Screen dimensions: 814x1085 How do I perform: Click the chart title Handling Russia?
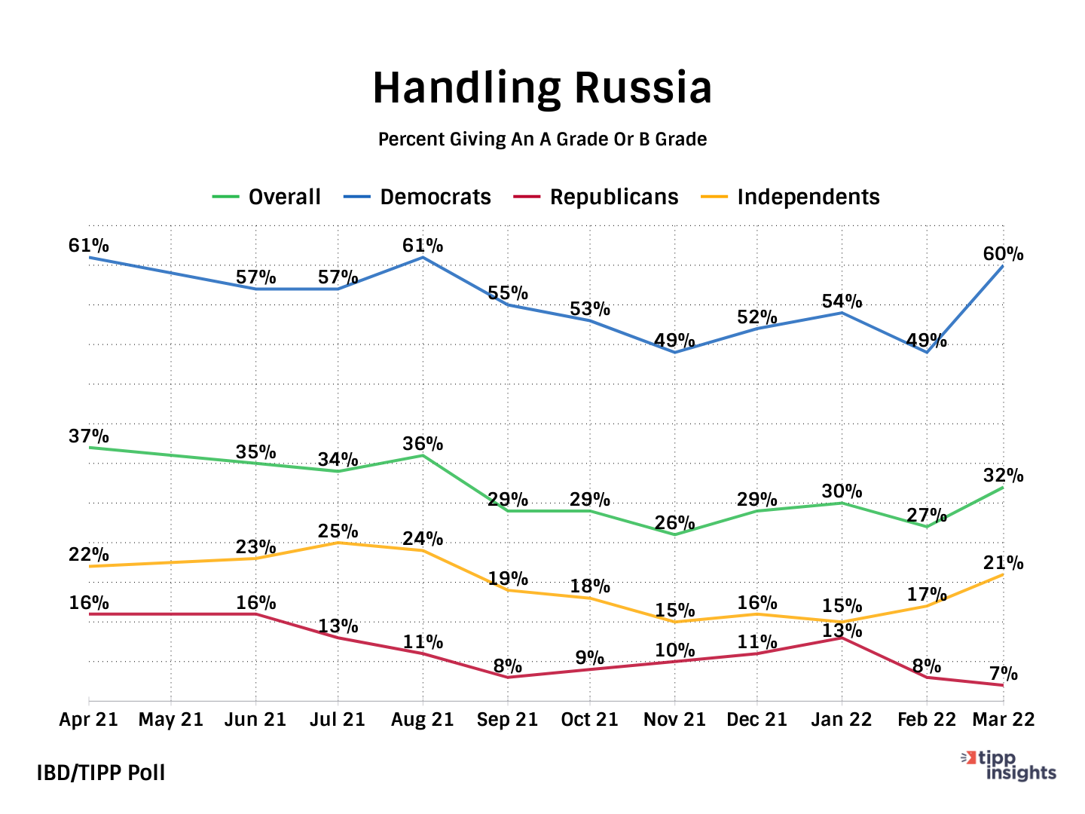542,87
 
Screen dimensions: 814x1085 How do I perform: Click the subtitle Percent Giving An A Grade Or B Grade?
542,139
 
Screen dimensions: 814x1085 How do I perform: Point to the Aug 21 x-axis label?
422,720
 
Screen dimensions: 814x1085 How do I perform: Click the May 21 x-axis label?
171,720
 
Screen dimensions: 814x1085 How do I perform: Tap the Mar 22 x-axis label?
1003,720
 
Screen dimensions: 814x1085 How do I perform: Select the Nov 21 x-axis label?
674,720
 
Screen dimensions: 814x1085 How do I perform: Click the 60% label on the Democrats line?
1003,255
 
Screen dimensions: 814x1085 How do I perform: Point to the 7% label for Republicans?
1003,674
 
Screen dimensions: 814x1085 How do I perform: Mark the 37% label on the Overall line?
89,436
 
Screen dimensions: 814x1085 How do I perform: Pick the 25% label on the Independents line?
338,531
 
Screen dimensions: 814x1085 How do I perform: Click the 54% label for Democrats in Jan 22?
842,301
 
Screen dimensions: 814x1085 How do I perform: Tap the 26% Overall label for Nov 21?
674,523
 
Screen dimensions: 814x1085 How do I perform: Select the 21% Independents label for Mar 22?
1003,563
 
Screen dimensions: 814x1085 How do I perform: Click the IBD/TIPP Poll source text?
101,773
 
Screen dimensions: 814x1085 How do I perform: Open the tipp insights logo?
1010,766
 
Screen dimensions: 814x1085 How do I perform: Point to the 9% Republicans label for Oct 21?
589,658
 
